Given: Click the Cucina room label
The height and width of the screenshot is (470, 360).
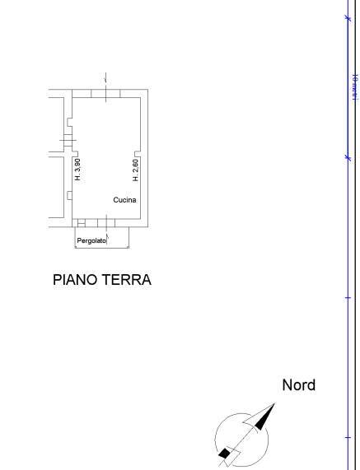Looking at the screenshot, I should (124, 200).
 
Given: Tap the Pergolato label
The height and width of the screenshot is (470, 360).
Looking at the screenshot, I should (91, 241).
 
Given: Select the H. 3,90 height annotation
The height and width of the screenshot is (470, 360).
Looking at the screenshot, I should (77, 170).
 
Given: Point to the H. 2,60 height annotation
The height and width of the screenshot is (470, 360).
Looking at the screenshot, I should (136, 170).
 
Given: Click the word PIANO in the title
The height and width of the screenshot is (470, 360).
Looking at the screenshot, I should (73, 280).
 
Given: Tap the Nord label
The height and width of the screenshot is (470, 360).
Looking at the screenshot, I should (298, 384).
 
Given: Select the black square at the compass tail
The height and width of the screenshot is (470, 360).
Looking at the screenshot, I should (223, 453).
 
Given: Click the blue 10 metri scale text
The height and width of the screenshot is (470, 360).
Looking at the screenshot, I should (353, 86).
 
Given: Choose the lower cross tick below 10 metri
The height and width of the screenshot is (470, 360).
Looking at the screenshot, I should (347, 156).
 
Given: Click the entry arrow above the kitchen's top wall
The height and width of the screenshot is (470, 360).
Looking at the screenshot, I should (106, 78).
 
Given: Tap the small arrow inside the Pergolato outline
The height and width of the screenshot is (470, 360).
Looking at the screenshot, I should (128, 244).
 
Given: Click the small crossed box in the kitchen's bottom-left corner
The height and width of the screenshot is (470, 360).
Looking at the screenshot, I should (80, 222).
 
